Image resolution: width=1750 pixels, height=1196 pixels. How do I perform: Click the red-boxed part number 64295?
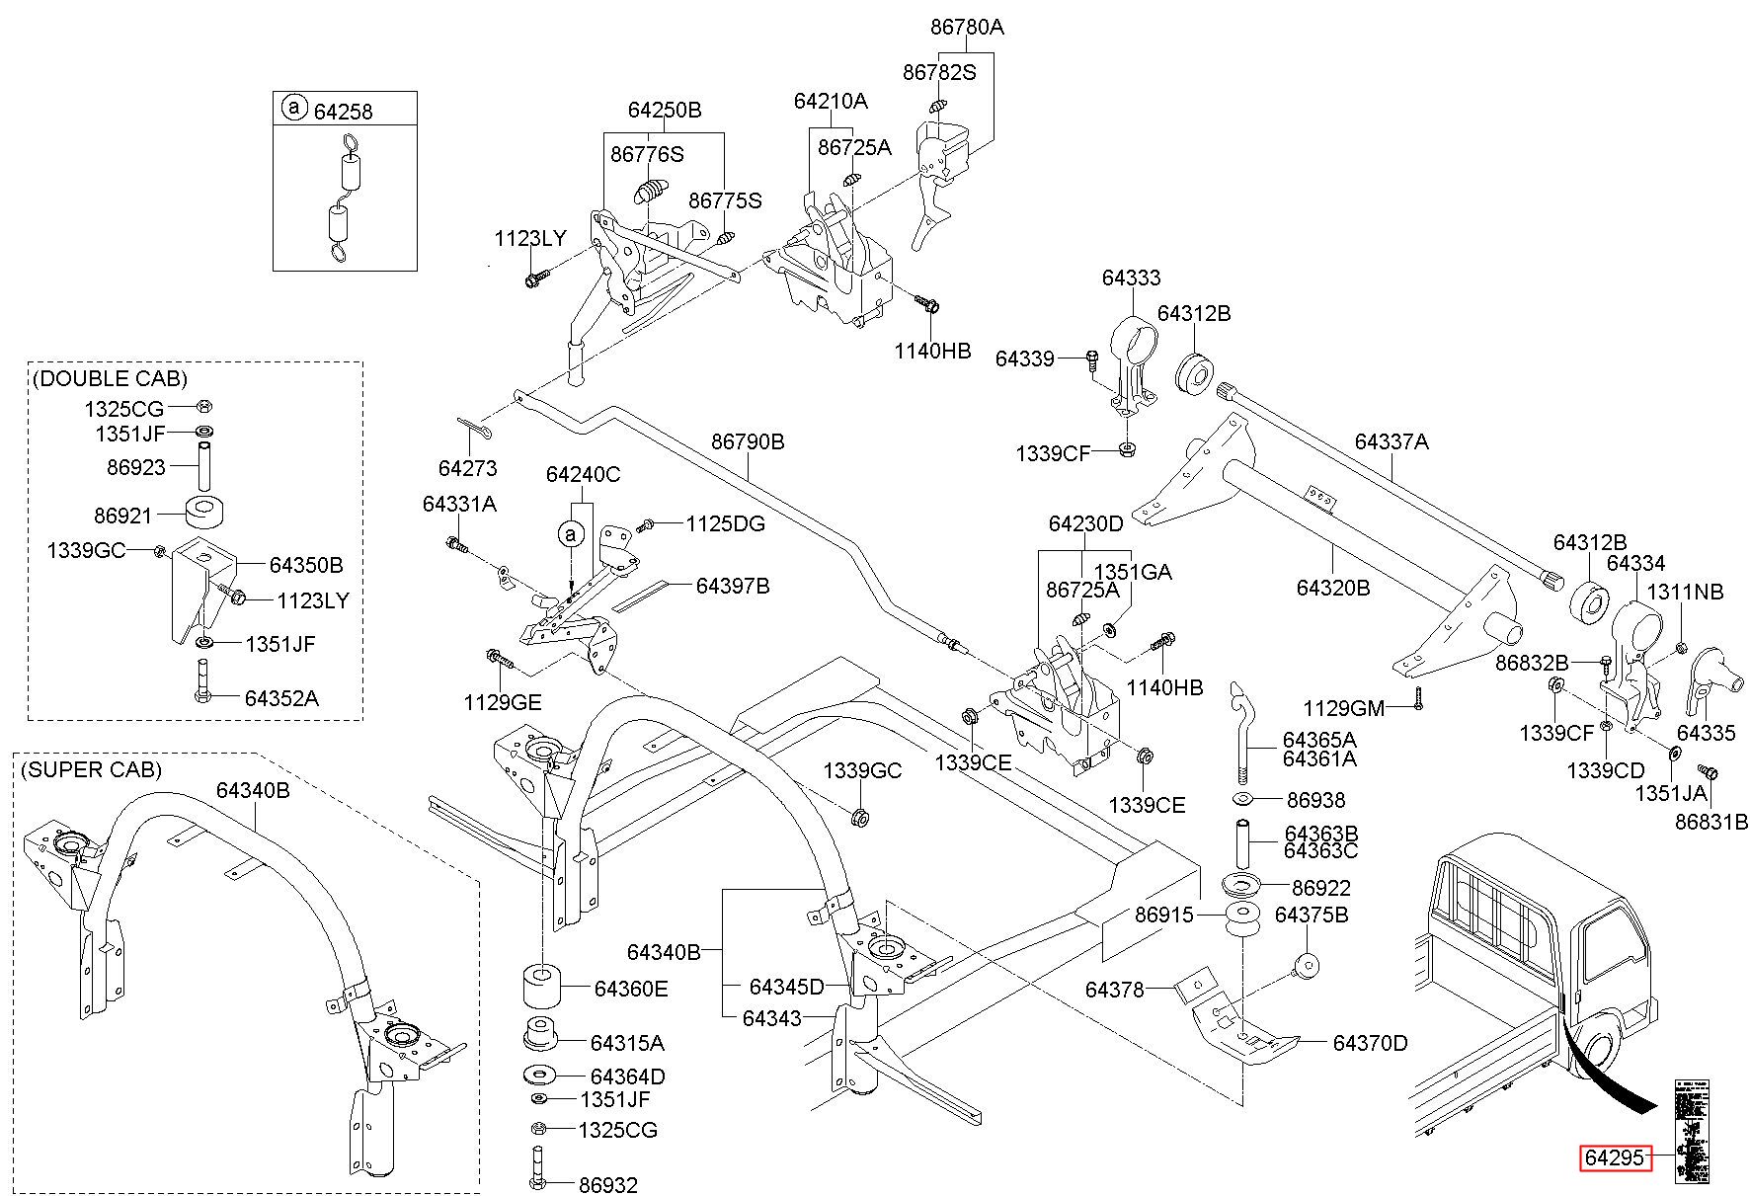[x=1616, y=1157]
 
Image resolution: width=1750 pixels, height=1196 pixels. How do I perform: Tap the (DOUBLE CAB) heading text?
[x=110, y=378]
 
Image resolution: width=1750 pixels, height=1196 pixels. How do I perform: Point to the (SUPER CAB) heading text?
[x=91, y=769]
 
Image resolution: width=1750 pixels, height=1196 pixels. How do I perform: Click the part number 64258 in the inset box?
[x=343, y=112]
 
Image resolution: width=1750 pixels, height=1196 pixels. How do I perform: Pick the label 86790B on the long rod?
[x=748, y=441]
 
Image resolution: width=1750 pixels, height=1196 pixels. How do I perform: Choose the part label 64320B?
[x=1333, y=589]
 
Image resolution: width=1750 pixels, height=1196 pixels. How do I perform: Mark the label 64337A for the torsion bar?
[x=1392, y=441]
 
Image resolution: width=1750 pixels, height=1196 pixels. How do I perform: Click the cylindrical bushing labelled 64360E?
[x=540, y=986]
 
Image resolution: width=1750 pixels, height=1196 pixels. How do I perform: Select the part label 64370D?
[x=1370, y=1043]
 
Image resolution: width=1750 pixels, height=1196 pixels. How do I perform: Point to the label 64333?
[x=1131, y=278]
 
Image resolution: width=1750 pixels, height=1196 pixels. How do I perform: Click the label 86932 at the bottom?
[x=608, y=1185]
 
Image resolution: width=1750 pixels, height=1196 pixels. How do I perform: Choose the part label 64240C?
[x=583, y=474]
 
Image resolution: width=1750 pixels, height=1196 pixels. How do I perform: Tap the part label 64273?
[x=467, y=468]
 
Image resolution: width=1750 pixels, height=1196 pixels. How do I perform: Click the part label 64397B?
[x=732, y=586]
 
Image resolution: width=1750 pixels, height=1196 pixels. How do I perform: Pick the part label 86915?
[x=1163, y=916]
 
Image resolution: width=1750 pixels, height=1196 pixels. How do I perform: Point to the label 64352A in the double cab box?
[x=281, y=698]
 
